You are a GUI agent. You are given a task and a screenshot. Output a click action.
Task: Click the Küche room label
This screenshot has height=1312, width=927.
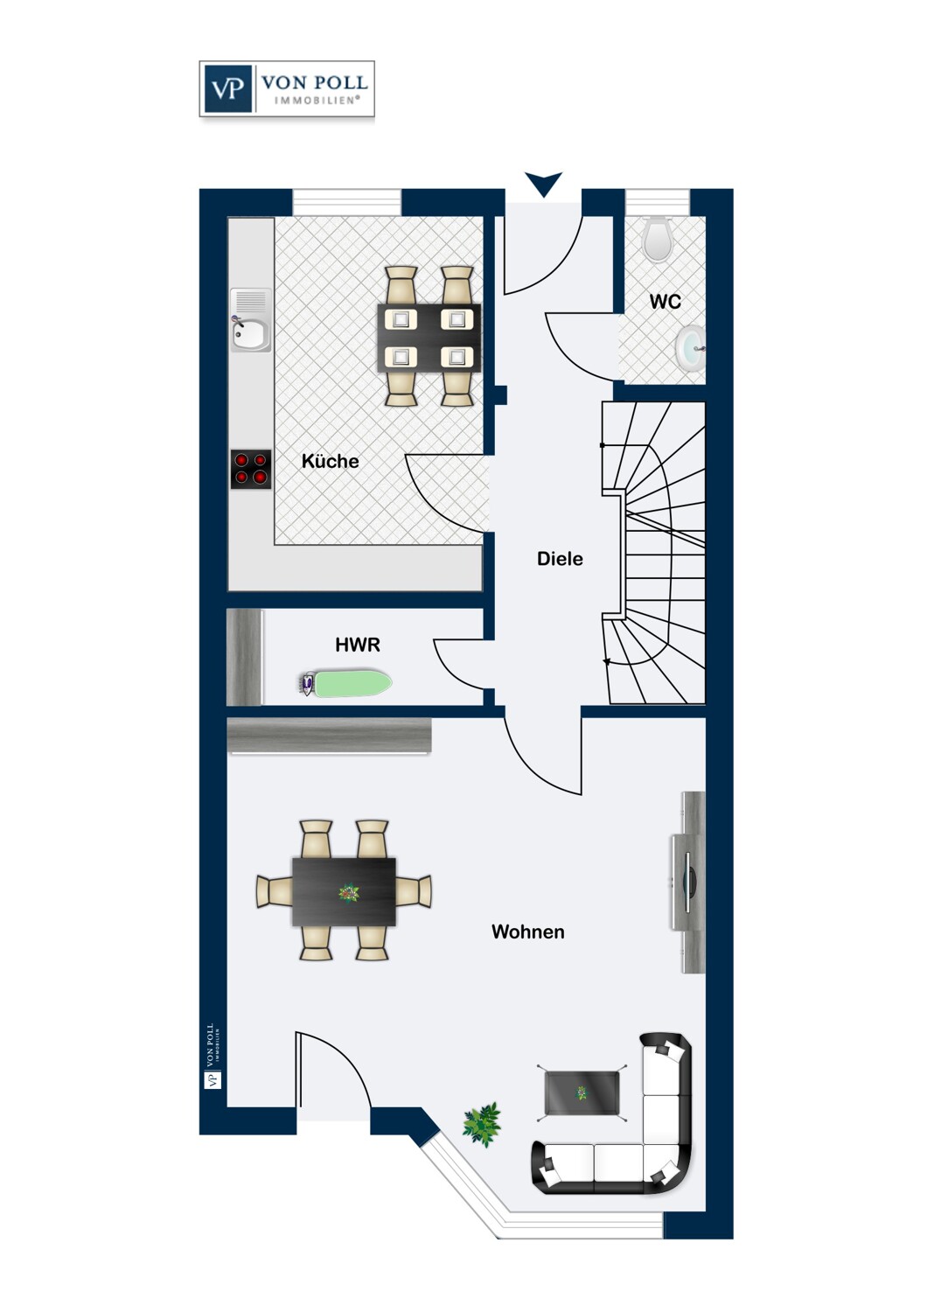tap(330, 461)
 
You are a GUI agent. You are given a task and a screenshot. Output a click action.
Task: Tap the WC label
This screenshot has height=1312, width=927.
tap(665, 302)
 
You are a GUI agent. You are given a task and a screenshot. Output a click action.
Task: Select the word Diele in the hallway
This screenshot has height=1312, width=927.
tap(560, 559)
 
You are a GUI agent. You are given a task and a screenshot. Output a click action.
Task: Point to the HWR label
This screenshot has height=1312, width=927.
tap(358, 645)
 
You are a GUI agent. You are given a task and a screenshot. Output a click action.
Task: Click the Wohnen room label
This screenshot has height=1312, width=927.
tap(527, 932)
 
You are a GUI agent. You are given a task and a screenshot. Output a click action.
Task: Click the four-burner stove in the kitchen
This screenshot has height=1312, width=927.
tap(251, 469)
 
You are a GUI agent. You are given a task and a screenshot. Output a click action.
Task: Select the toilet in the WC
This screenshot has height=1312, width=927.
tap(658, 239)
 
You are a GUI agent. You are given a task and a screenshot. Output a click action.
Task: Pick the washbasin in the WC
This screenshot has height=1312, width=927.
tap(691, 348)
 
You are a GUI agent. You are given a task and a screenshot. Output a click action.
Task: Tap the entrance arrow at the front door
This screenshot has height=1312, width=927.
tap(543, 184)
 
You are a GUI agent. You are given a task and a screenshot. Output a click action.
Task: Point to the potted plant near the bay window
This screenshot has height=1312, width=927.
tap(482, 1124)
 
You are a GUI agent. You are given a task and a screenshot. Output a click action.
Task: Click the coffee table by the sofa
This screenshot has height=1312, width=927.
tap(582, 1093)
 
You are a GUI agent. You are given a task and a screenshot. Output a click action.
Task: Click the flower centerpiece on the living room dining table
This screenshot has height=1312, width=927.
tap(349, 893)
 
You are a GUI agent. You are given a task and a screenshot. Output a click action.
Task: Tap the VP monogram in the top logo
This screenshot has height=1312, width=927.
tap(227, 88)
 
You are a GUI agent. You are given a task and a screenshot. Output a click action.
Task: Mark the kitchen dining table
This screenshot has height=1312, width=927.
tap(429, 338)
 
